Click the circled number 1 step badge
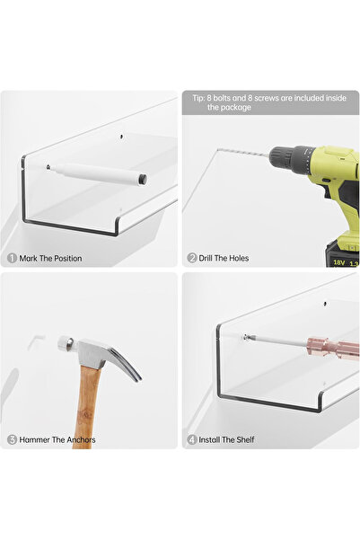click(x=12, y=258)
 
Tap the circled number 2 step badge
click(x=192, y=258)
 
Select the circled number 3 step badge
click(x=12, y=439)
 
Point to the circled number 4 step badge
click(x=192, y=439)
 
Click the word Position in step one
click(x=68, y=258)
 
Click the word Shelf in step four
click(x=245, y=439)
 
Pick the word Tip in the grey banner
click(x=198, y=98)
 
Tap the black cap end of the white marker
click(x=143, y=180)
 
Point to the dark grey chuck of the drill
click(x=291, y=158)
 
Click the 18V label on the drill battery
click(x=338, y=262)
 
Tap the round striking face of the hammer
click(x=62, y=343)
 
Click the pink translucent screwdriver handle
click(x=332, y=349)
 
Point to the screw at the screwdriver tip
click(x=245, y=337)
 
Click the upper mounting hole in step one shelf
click(x=121, y=137)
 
